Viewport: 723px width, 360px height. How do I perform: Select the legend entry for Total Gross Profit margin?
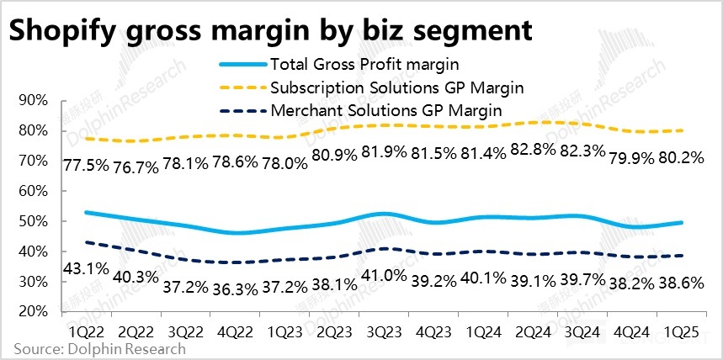(364, 64)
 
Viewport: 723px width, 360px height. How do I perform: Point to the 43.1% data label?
(87, 271)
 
